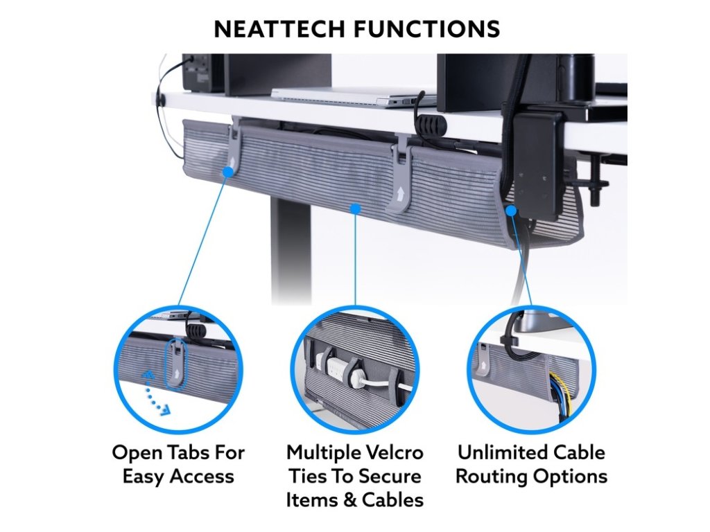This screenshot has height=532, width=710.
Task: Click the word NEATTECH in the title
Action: [x=279, y=29]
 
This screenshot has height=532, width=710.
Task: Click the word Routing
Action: [x=491, y=477]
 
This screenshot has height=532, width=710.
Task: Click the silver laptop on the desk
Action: [x=354, y=96]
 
